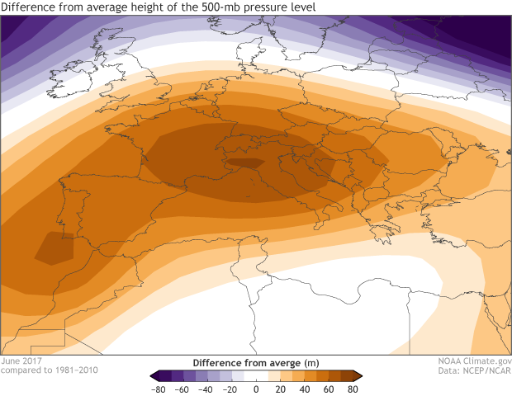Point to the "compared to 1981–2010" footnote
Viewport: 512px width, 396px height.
tap(50, 370)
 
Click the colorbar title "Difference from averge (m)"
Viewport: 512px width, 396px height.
tap(255, 362)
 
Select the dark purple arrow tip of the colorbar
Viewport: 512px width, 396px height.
tap(153, 375)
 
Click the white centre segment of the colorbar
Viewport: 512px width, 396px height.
tap(256, 375)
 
